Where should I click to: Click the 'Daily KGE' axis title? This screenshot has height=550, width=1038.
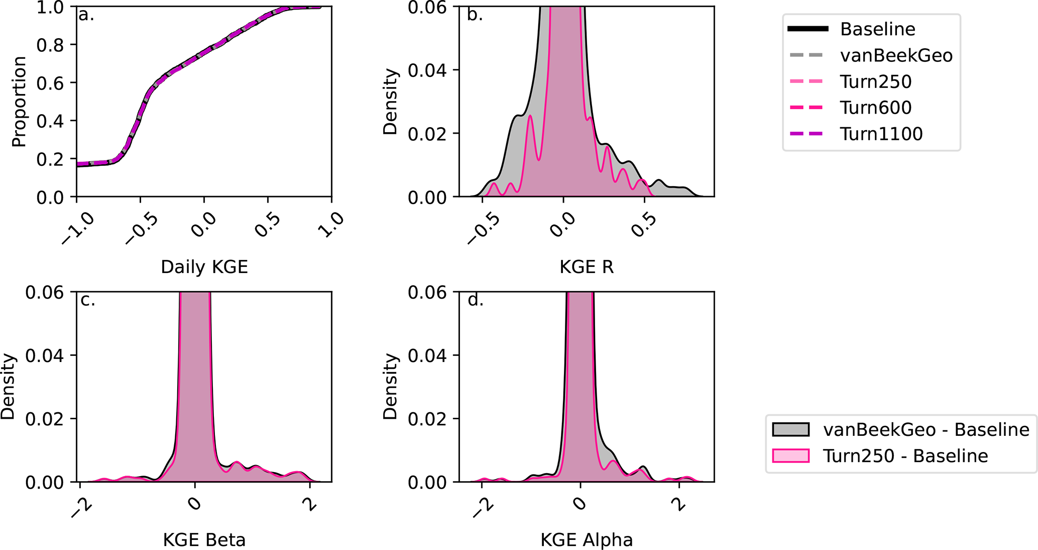204,266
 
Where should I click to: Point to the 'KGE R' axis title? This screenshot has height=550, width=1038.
586,266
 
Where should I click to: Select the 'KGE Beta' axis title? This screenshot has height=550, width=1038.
204,540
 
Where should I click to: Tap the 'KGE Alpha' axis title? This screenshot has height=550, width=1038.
586,540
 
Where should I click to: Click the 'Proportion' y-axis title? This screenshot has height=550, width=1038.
19,102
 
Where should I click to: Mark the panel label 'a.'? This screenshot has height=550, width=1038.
86,15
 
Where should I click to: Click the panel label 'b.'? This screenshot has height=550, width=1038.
475,15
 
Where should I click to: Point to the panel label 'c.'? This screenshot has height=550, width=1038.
87,300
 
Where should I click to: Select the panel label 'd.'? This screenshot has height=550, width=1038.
475,300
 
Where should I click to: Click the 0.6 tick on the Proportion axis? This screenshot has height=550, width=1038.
50,83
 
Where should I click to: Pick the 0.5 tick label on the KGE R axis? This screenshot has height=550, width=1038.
643,225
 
